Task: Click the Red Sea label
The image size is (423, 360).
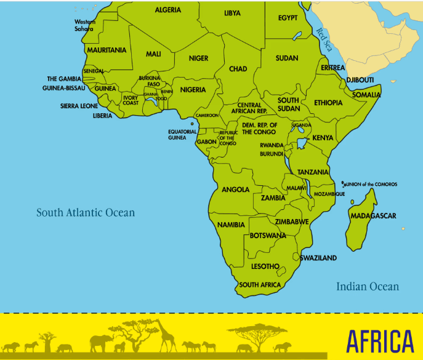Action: [323, 38]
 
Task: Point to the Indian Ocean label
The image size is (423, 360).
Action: [367, 286]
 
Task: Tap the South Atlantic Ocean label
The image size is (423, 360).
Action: [85, 213]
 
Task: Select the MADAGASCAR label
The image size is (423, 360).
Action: [373, 216]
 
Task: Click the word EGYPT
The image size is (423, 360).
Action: [288, 18]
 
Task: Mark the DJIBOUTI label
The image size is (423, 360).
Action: [360, 80]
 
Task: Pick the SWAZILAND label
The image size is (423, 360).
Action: [318, 258]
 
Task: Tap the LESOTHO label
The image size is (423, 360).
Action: [265, 266]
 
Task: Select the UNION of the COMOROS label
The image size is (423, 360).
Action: [372, 184]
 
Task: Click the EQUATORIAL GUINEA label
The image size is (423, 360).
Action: [182, 135]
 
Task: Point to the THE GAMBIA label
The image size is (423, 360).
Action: [64, 79]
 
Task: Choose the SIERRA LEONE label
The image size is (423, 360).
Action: [79, 106]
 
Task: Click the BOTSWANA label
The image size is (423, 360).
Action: [268, 236]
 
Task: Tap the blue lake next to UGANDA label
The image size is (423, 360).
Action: [301, 144]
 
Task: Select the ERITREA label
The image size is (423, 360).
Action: [332, 68]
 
